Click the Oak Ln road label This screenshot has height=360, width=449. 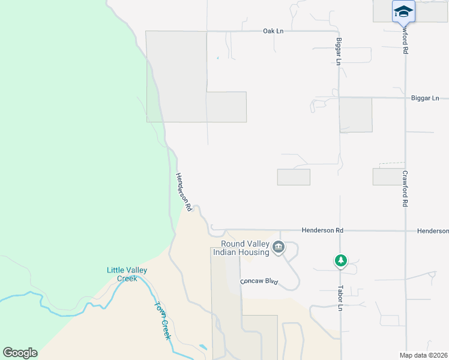pyautogui.click(x=273, y=31)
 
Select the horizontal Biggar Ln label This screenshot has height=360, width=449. pyautogui.click(x=425, y=98)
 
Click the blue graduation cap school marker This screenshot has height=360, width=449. pyautogui.click(x=403, y=11)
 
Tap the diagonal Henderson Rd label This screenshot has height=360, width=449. pyautogui.click(x=183, y=192)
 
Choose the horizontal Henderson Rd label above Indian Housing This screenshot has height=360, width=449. pyautogui.click(x=322, y=230)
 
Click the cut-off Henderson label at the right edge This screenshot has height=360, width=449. pyautogui.click(x=433, y=230)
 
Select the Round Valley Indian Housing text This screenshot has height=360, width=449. pyautogui.click(x=245, y=248)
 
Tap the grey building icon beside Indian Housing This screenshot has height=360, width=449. pyautogui.click(x=279, y=247)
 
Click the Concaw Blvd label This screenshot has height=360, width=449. pyautogui.click(x=259, y=281)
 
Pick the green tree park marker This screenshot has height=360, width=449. pyautogui.click(x=341, y=260)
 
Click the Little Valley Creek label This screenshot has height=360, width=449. pyautogui.click(x=127, y=274)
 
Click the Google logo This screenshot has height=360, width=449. pyautogui.click(x=20, y=353)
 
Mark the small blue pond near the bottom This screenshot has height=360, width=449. pyautogui.click(x=203, y=347)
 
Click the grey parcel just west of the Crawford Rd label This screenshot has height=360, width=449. pyautogui.click(x=387, y=176)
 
